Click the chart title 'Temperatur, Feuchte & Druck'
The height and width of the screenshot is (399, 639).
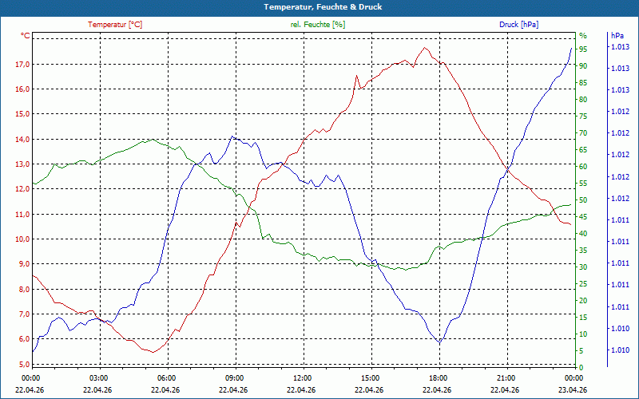323,7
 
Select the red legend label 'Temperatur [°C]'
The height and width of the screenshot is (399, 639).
115,25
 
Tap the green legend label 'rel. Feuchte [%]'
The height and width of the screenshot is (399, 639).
317,25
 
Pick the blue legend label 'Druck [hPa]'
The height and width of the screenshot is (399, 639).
518,25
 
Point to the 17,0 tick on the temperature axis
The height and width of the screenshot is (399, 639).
22,65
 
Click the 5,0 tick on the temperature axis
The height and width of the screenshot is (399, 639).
22,364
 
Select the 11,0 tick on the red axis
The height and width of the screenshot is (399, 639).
22,214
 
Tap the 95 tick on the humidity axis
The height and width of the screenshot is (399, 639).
583,49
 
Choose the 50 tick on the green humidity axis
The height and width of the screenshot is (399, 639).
583,200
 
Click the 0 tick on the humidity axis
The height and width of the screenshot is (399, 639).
581,367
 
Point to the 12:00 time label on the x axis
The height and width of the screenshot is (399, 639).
303,377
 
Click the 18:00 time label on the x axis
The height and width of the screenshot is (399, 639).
439,377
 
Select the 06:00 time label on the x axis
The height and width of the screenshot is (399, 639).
167,377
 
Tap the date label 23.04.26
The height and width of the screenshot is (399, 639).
574,389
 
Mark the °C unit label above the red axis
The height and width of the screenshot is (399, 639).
26,36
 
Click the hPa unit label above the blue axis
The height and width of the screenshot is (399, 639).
617,36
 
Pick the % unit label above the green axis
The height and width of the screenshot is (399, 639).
583,36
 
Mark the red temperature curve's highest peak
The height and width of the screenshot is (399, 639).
425,48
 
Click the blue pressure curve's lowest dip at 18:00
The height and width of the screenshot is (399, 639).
440,343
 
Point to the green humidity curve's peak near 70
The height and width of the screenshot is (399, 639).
153,139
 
